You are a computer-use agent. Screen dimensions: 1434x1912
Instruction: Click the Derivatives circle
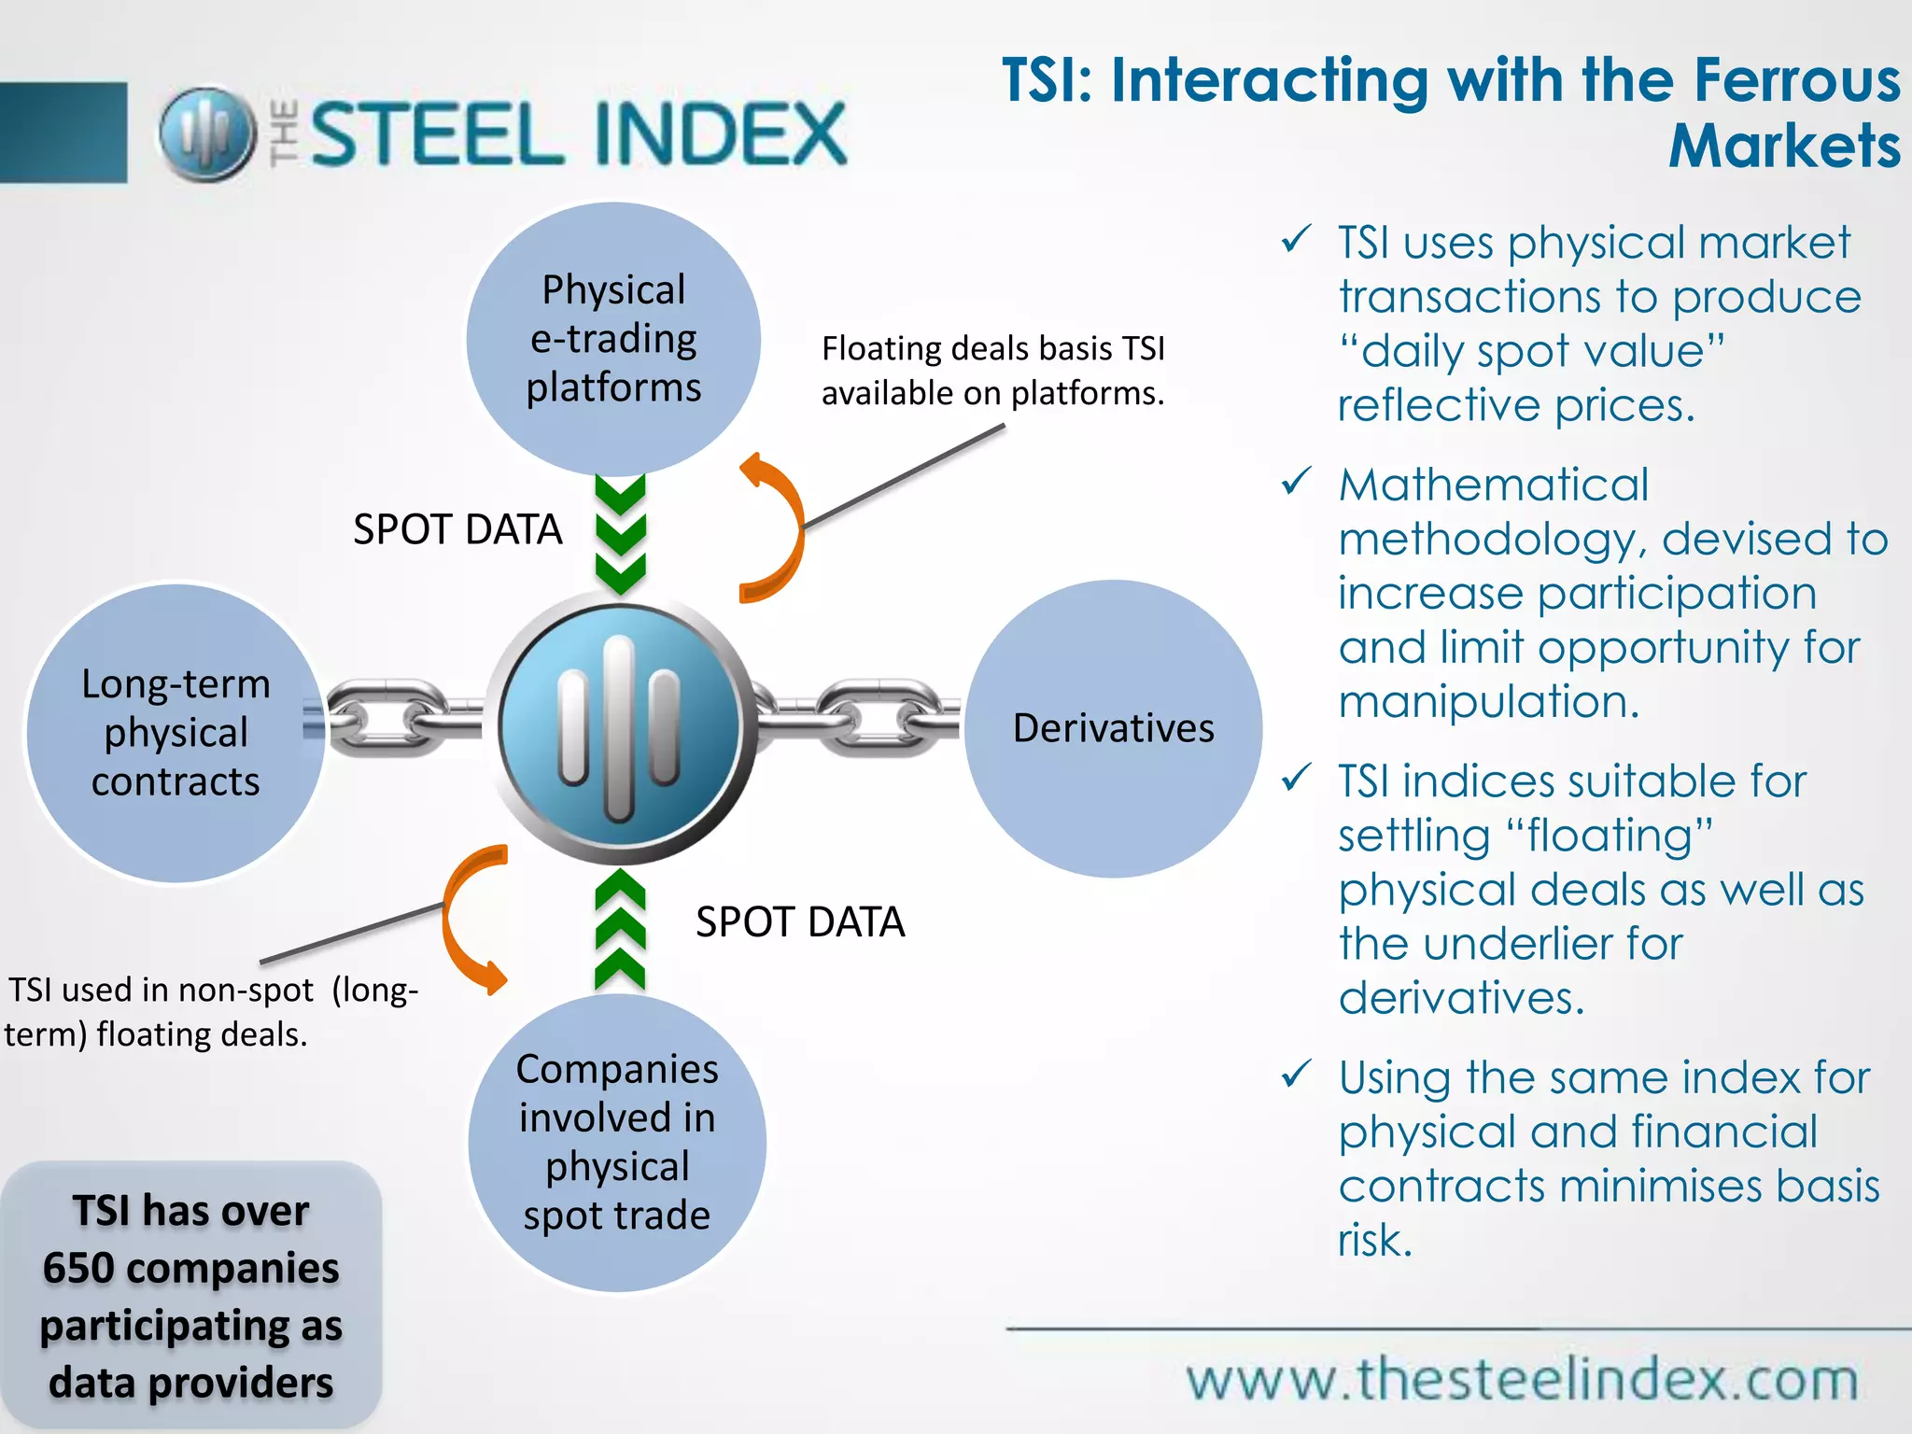tap(1113, 728)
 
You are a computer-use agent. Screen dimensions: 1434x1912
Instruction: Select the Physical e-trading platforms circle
tap(613, 339)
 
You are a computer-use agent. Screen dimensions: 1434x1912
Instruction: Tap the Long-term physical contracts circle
tap(176, 733)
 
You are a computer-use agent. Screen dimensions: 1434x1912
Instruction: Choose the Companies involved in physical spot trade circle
tap(617, 1143)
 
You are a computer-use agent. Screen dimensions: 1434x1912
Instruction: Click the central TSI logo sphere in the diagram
tap(620, 728)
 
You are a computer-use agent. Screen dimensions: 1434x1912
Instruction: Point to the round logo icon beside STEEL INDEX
tap(207, 134)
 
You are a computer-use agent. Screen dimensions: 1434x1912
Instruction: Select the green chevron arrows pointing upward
tap(621, 930)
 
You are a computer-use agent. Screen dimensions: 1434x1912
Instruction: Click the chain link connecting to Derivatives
tap(857, 717)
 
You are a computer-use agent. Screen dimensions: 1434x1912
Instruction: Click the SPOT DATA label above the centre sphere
tap(457, 529)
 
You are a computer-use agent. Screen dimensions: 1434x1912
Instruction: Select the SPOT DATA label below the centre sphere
tap(800, 922)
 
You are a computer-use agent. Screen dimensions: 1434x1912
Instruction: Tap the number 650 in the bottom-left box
tap(79, 1269)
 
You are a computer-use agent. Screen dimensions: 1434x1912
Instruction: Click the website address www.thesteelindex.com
tap(1522, 1379)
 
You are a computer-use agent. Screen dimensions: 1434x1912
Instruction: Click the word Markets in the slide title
tap(1784, 147)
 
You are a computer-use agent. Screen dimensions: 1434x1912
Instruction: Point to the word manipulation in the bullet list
tap(1488, 701)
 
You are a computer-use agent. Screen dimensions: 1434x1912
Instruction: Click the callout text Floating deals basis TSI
tap(992, 349)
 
